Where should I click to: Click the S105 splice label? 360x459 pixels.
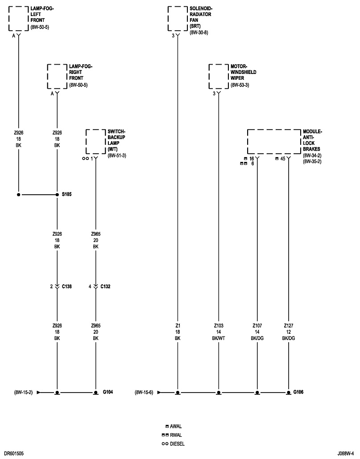tap(66, 194)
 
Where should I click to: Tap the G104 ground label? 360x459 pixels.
tap(108, 392)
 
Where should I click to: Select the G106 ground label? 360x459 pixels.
tap(299, 392)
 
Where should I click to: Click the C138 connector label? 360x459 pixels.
tap(67, 286)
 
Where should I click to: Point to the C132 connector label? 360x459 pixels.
tap(105, 286)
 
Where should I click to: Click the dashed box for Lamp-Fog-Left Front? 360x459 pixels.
tap(18, 19)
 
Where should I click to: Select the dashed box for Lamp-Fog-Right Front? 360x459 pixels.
tap(57, 76)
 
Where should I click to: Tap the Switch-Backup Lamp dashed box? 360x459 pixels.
tap(95, 141)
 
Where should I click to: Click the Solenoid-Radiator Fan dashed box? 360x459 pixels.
tap(178, 19)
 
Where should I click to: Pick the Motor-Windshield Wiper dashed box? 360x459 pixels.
tap(218, 76)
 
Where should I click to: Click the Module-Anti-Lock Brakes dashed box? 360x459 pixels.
tap(273, 141)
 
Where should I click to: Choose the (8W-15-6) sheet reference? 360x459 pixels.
tap(144, 392)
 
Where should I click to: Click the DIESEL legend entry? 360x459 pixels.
tap(177, 443)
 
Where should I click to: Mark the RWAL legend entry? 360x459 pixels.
tap(176, 435)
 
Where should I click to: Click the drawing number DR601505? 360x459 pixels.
tap(14, 453)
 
